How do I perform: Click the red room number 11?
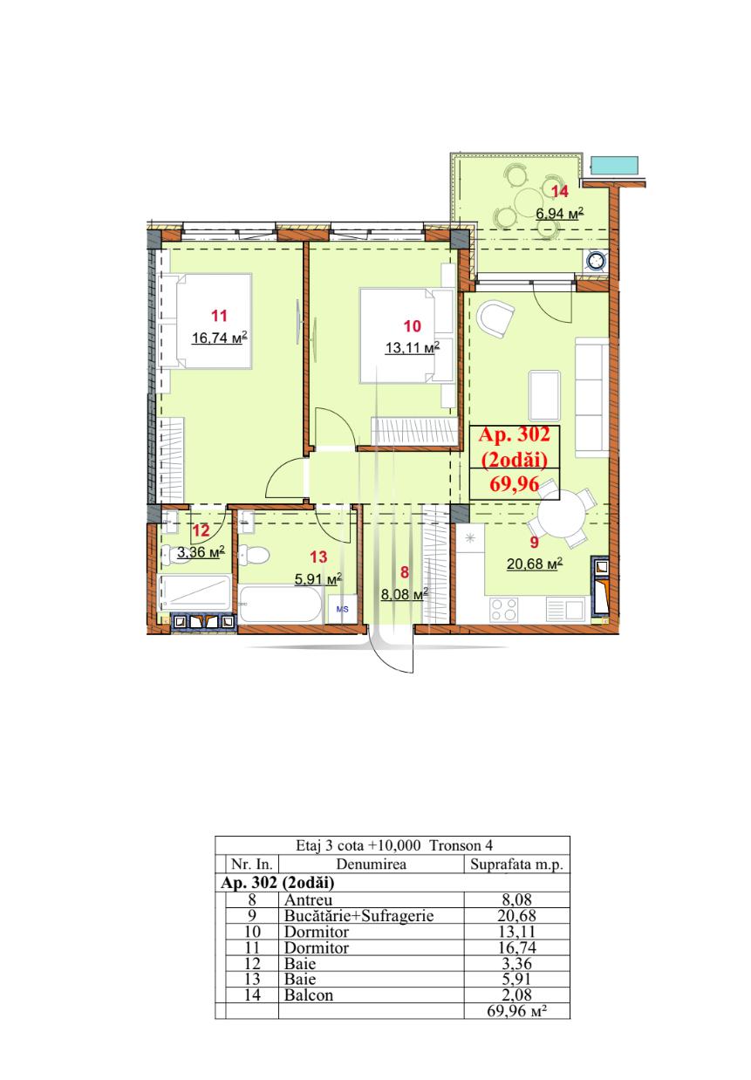[219, 316]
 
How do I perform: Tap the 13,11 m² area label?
[412, 346]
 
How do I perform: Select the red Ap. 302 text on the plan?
[514, 434]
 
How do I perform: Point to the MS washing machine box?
[342, 609]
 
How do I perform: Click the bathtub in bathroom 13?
[280, 603]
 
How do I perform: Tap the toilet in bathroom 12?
[171, 555]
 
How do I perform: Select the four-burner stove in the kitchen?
[503, 610]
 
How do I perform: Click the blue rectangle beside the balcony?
[614, 166]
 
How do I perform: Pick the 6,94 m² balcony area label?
[560, 213]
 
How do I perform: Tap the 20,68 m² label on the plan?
[534, 564]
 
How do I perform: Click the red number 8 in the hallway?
[405, 572]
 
